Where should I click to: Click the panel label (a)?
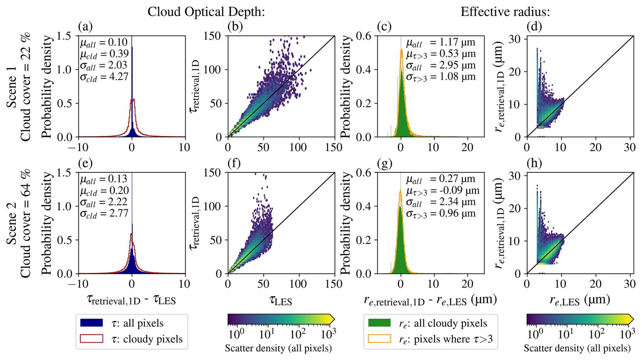[x=85, y=26]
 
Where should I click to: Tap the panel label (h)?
[x=534, y=164]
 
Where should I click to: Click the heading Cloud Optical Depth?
[x=206, y=12]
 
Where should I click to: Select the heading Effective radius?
[x=505, y=12]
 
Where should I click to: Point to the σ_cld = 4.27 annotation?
[x=104, y=77]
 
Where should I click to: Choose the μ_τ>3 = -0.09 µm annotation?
[x=443, y=191]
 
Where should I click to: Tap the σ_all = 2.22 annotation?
[x=103, y=202]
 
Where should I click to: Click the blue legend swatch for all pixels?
[x=92, y=323]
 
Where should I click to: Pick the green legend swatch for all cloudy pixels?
[x=379, y=323]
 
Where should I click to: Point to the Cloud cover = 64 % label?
[x=26, y=223]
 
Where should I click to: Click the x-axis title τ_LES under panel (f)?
[x=281, y=301]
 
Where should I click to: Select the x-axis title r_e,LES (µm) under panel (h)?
[x=580, y=300]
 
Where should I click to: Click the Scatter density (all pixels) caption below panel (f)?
[x=278, y=348]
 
